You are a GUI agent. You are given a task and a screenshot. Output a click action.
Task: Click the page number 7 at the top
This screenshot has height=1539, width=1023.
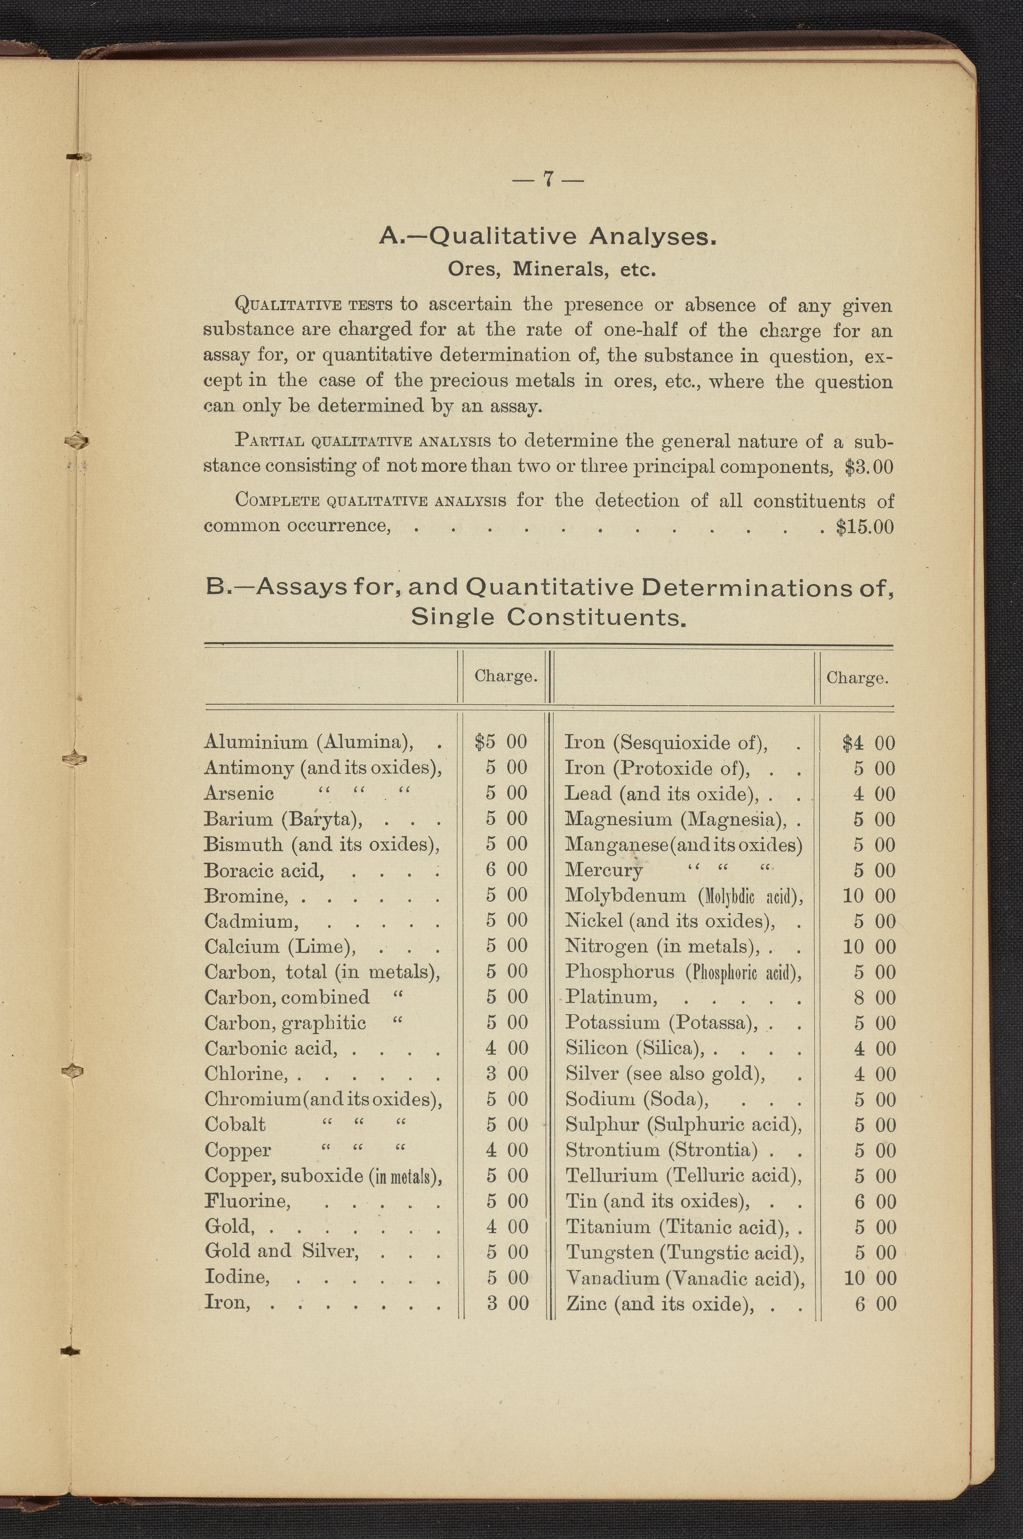(548, 179)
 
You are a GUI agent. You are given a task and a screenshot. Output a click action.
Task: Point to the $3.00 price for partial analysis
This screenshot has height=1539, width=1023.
(868, 468)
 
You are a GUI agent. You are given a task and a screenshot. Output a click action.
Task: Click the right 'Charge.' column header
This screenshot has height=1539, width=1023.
(857, 678)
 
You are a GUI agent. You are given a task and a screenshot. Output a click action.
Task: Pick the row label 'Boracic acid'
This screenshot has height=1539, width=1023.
(264, 870)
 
